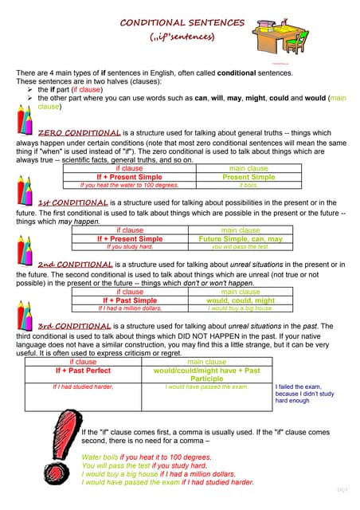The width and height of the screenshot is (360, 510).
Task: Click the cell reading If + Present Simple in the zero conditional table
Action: point(129,177)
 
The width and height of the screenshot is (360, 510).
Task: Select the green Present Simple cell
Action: point(248,177)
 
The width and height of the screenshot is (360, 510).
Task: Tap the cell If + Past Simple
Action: point(129,300)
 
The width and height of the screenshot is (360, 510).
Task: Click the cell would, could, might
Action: point(240,300)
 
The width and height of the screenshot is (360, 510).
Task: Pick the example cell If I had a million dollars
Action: point(129,308)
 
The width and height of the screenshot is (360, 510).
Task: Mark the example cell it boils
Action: point(248,185)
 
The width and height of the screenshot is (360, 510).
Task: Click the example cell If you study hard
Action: point(129,246)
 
